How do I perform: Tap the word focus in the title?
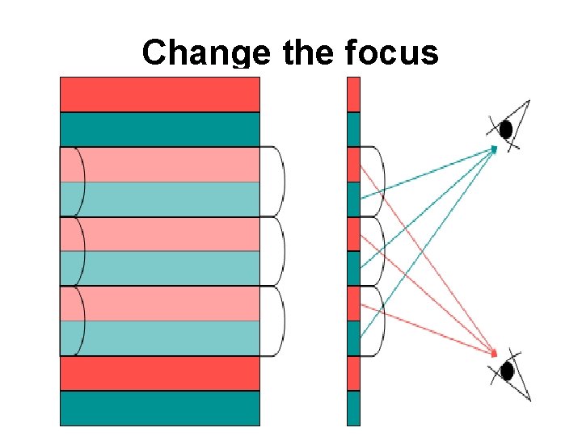click(391, 53)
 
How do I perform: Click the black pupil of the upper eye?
click(507, 128)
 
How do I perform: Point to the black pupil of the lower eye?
click(507, 371)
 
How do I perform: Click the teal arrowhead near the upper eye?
click(494, 148)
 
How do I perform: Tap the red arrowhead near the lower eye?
click(494, 353)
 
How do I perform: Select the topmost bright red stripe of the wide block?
click(160, 94)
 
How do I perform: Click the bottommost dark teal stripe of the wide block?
click(160, 409)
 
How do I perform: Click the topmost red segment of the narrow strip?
click(353, 94)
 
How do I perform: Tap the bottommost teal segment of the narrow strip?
click(353, 409)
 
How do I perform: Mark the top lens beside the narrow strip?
click(373, 182)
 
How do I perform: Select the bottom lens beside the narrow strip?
click(373, 321)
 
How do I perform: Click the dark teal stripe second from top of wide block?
click(160, 129)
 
